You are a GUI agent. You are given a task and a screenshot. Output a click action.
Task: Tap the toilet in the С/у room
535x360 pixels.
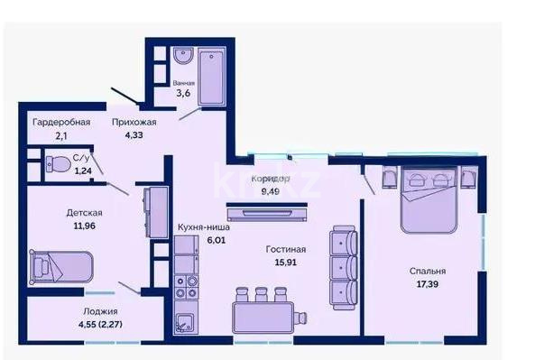pyautogui.click(x=59, y=166)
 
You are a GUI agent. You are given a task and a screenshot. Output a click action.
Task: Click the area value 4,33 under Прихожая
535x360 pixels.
pyautogui.click(x=134, y=136)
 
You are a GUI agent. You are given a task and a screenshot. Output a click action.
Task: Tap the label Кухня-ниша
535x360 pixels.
pyautogui.click(x=204, y=228)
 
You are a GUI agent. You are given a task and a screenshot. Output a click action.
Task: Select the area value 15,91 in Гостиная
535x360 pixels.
pyautogui.click(x=286, y=264)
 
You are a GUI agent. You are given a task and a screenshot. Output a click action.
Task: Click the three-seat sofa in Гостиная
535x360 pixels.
pyautogui.click(x=343, y=267)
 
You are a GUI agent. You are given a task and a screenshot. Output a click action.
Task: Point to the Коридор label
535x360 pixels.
pyautogui.click(x=270, y=179)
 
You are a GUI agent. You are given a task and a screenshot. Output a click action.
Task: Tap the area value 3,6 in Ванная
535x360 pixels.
pyautogui.click(x=183, y=92)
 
